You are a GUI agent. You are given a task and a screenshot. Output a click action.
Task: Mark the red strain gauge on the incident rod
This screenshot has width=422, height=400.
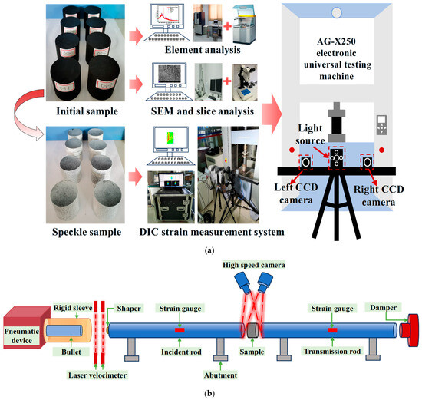point(179,330)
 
